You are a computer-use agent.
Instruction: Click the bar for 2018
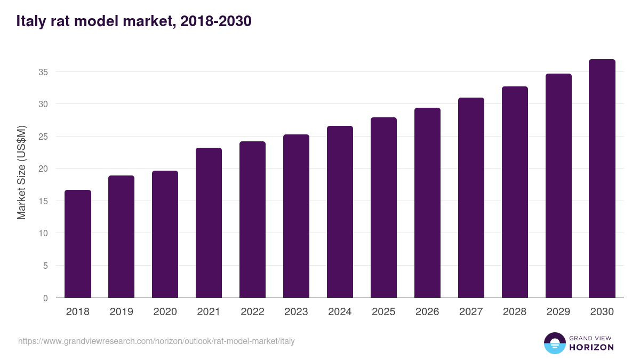click(78, 244)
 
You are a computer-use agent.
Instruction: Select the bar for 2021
click(209, 223)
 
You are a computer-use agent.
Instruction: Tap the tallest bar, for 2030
click(602, 179)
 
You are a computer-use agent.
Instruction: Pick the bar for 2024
click(340, 212)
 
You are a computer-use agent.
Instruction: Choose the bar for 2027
click(471, 198)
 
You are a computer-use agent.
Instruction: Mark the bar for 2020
click(165, 234)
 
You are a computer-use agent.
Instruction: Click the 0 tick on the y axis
click(46, 298)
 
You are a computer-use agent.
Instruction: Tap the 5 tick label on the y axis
click(46, 266)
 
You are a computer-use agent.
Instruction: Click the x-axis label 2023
click(296, 312)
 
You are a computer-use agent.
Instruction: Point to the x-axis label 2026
click(427, 312)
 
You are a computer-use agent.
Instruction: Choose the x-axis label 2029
click(558, 312)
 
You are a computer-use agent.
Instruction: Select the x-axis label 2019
click(121, 312)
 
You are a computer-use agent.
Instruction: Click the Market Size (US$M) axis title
click(21, 173)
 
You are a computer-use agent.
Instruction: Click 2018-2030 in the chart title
click(216, 22)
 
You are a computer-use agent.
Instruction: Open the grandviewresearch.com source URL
click(156, 341)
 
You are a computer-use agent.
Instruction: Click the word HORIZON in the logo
click(591, 347)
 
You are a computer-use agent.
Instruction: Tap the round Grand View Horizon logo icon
click(554, 343)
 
